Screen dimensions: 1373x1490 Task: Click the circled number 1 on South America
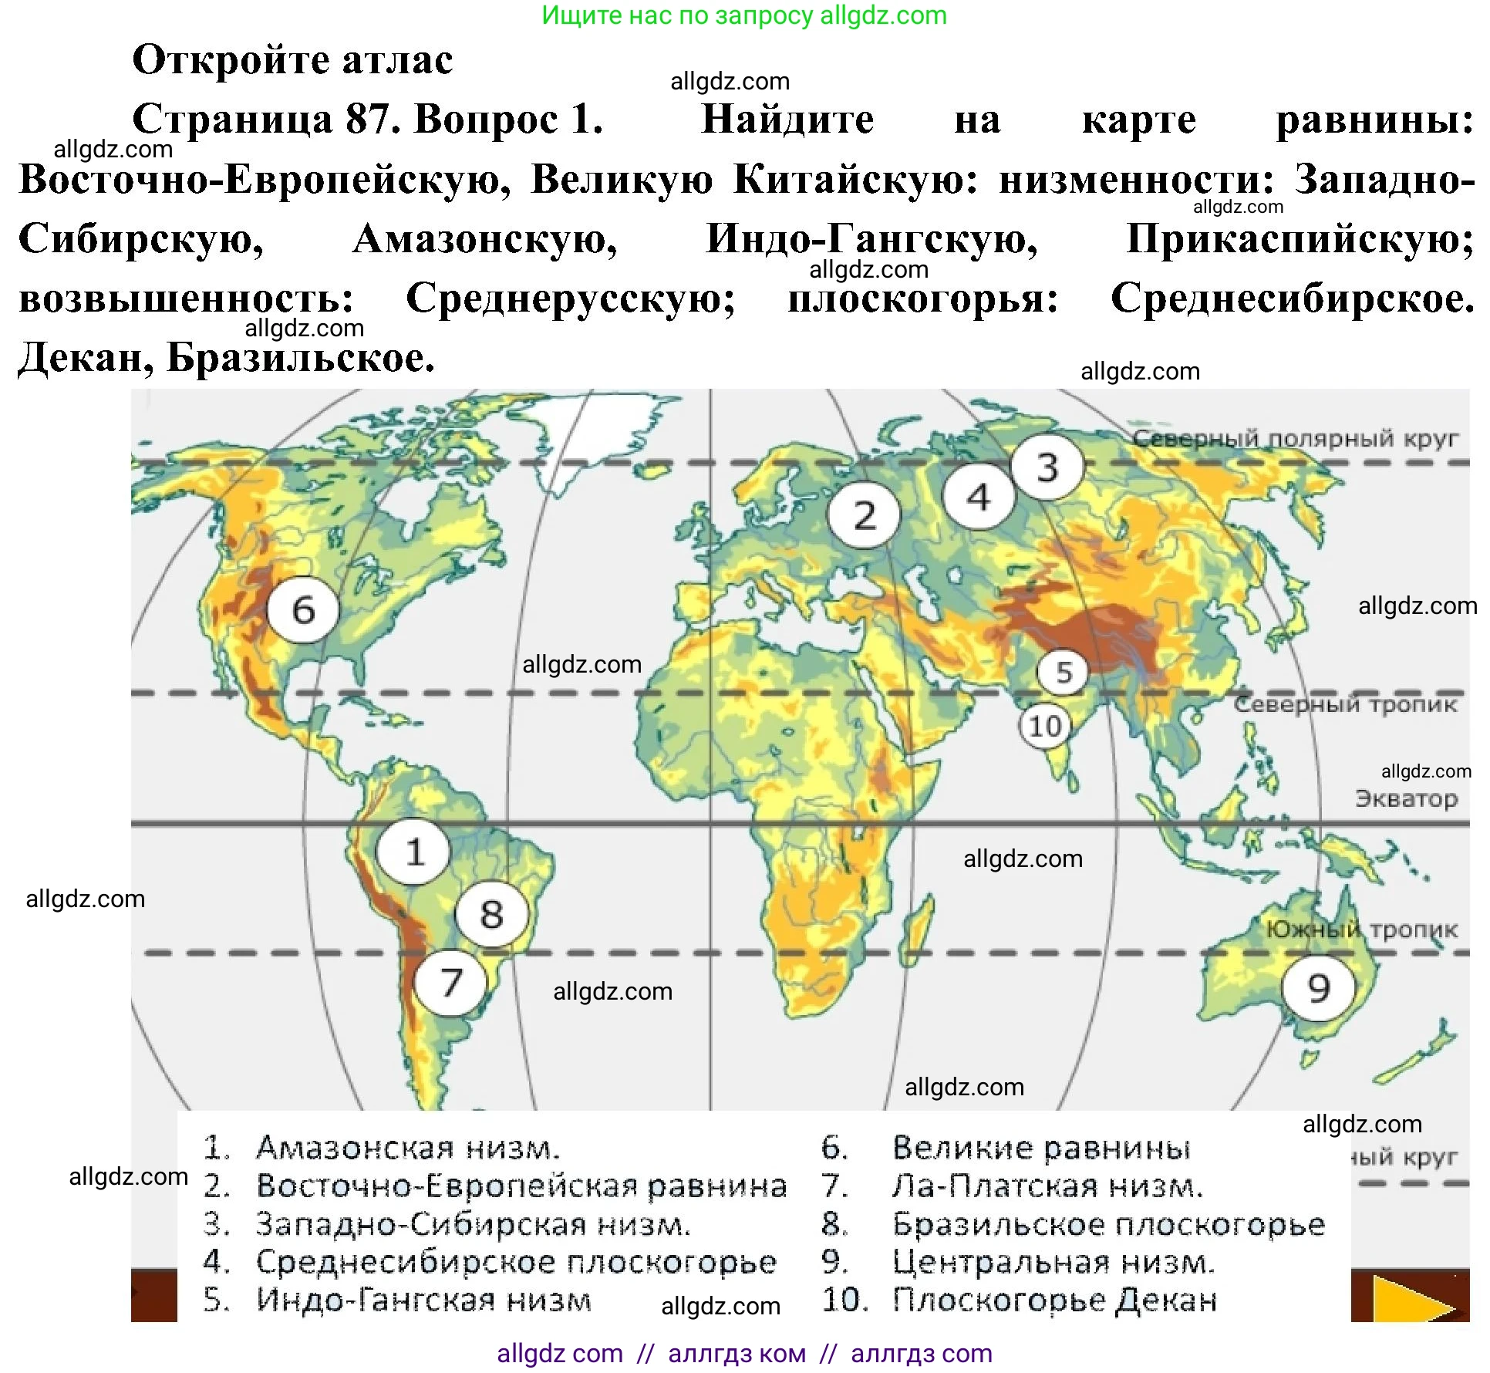point(414,852)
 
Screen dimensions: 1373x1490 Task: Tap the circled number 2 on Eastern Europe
point(865,514)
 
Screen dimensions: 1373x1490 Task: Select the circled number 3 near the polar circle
point(1047,467)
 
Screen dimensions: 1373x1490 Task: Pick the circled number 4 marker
point(979,497)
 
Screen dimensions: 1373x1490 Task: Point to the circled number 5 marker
point(1064,672)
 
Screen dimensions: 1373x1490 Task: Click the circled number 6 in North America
point(303,610)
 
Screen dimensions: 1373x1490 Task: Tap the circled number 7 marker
point(451,983)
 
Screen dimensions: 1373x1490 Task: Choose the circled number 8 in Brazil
point(491,915)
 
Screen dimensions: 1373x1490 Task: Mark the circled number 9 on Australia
point(1319,987)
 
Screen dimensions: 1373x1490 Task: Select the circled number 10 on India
point(1045,726)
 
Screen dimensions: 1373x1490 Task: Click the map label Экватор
point(1406,798)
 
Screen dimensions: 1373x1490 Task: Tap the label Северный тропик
point(1345,703)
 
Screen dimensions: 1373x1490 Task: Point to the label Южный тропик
point(1362,929)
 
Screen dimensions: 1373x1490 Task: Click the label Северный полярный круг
point(1296,438)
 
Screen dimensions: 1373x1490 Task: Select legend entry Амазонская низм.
point(407,1148)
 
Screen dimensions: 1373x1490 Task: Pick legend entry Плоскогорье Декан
point(1054,1300)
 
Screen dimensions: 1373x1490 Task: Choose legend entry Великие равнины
point(1041,1148)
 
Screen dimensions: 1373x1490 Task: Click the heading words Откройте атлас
point(292,60)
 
